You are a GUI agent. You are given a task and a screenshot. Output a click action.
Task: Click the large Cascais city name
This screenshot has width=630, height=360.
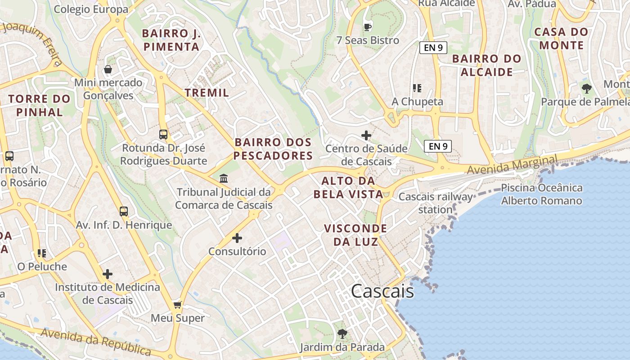tap(382, 291)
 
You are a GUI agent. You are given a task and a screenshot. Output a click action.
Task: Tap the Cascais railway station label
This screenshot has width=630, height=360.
tap(435, 203)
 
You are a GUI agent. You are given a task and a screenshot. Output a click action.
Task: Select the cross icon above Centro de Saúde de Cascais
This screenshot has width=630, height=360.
tap(366, 135)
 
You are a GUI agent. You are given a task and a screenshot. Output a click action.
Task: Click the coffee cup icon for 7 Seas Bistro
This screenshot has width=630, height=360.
tap(367, 27)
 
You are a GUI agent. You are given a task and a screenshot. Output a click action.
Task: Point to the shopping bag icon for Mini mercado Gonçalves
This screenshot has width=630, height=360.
tap(108, 69)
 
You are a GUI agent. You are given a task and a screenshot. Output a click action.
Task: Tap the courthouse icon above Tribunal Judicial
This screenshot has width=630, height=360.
tap(224, 179)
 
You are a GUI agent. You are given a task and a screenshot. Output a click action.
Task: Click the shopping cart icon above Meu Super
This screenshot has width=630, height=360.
tap(178, 305)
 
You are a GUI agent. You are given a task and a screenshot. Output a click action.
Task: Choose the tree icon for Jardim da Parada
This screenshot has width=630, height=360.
tap(342, 334)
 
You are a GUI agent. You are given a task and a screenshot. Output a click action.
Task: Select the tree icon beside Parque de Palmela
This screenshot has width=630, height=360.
tap(586, 88)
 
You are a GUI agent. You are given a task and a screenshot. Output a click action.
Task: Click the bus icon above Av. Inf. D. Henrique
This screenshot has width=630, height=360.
tap(123, 211)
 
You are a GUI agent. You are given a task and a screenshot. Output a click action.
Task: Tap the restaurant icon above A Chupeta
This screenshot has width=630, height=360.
tap(417, 88)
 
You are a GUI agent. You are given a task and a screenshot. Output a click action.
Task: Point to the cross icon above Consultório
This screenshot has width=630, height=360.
tap(237, 238)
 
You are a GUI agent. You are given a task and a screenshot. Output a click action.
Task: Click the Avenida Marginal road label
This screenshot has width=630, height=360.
tap(512, 165)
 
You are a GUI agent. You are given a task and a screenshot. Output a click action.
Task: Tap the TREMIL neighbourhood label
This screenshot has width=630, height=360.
tap(207, 93)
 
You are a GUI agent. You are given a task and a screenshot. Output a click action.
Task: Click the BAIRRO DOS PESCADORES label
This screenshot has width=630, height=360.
tap(273, 149)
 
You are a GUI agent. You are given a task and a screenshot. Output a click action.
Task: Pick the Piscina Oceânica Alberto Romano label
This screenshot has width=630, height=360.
tap(541, 194)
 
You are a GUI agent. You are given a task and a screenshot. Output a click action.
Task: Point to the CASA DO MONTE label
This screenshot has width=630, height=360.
tap(561, 38)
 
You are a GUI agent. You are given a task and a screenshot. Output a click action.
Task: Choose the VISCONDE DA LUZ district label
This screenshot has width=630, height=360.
tap(355, 235)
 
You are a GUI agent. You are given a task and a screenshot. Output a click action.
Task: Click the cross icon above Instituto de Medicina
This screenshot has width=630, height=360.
tap(108, 274)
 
